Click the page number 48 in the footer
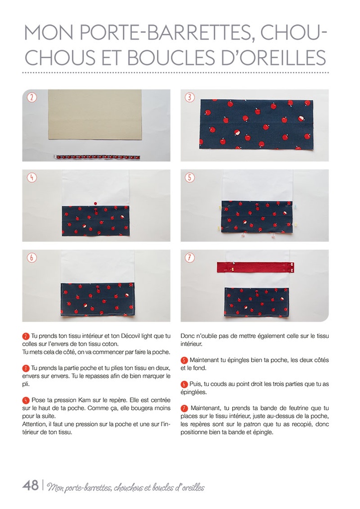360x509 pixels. [x=30, y=485]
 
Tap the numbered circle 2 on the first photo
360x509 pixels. [x=31, y=97]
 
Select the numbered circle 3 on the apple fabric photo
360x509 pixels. [x=189, y=97]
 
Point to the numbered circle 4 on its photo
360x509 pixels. [x=31, y=177]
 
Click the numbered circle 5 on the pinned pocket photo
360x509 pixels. [x=189, y=177]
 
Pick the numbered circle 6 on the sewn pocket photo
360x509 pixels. [x=31, y=257]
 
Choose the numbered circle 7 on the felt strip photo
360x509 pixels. [x=189, y=257]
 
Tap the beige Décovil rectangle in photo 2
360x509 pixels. [x=94, y=114]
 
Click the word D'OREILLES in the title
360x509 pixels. [x=270, y=57]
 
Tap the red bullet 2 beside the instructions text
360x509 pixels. [x=26, y=337]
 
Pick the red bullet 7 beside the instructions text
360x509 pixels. [x=184, y=408]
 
